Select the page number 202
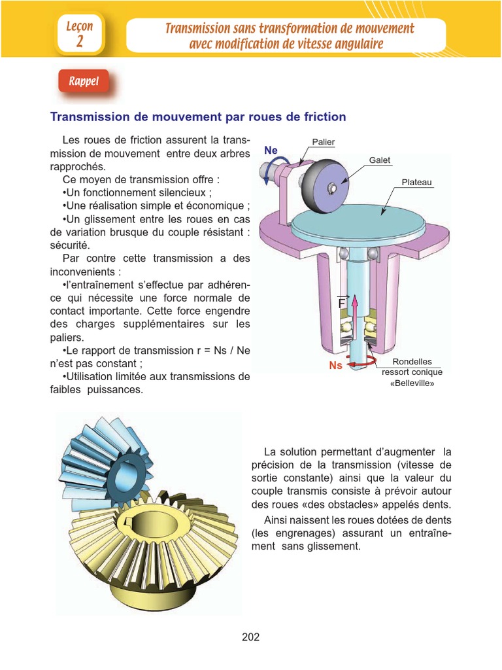[x=250, y=637]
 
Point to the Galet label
[x=380, y=160]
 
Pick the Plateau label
[x=416, y=183]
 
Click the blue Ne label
[x=271, y=150]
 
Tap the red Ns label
[x=335, y=366]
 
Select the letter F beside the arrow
[x=341, y=304]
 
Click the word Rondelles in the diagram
[x=412, y=362]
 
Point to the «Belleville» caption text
[x=412, y=383]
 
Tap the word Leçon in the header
[x=80, y=27]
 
